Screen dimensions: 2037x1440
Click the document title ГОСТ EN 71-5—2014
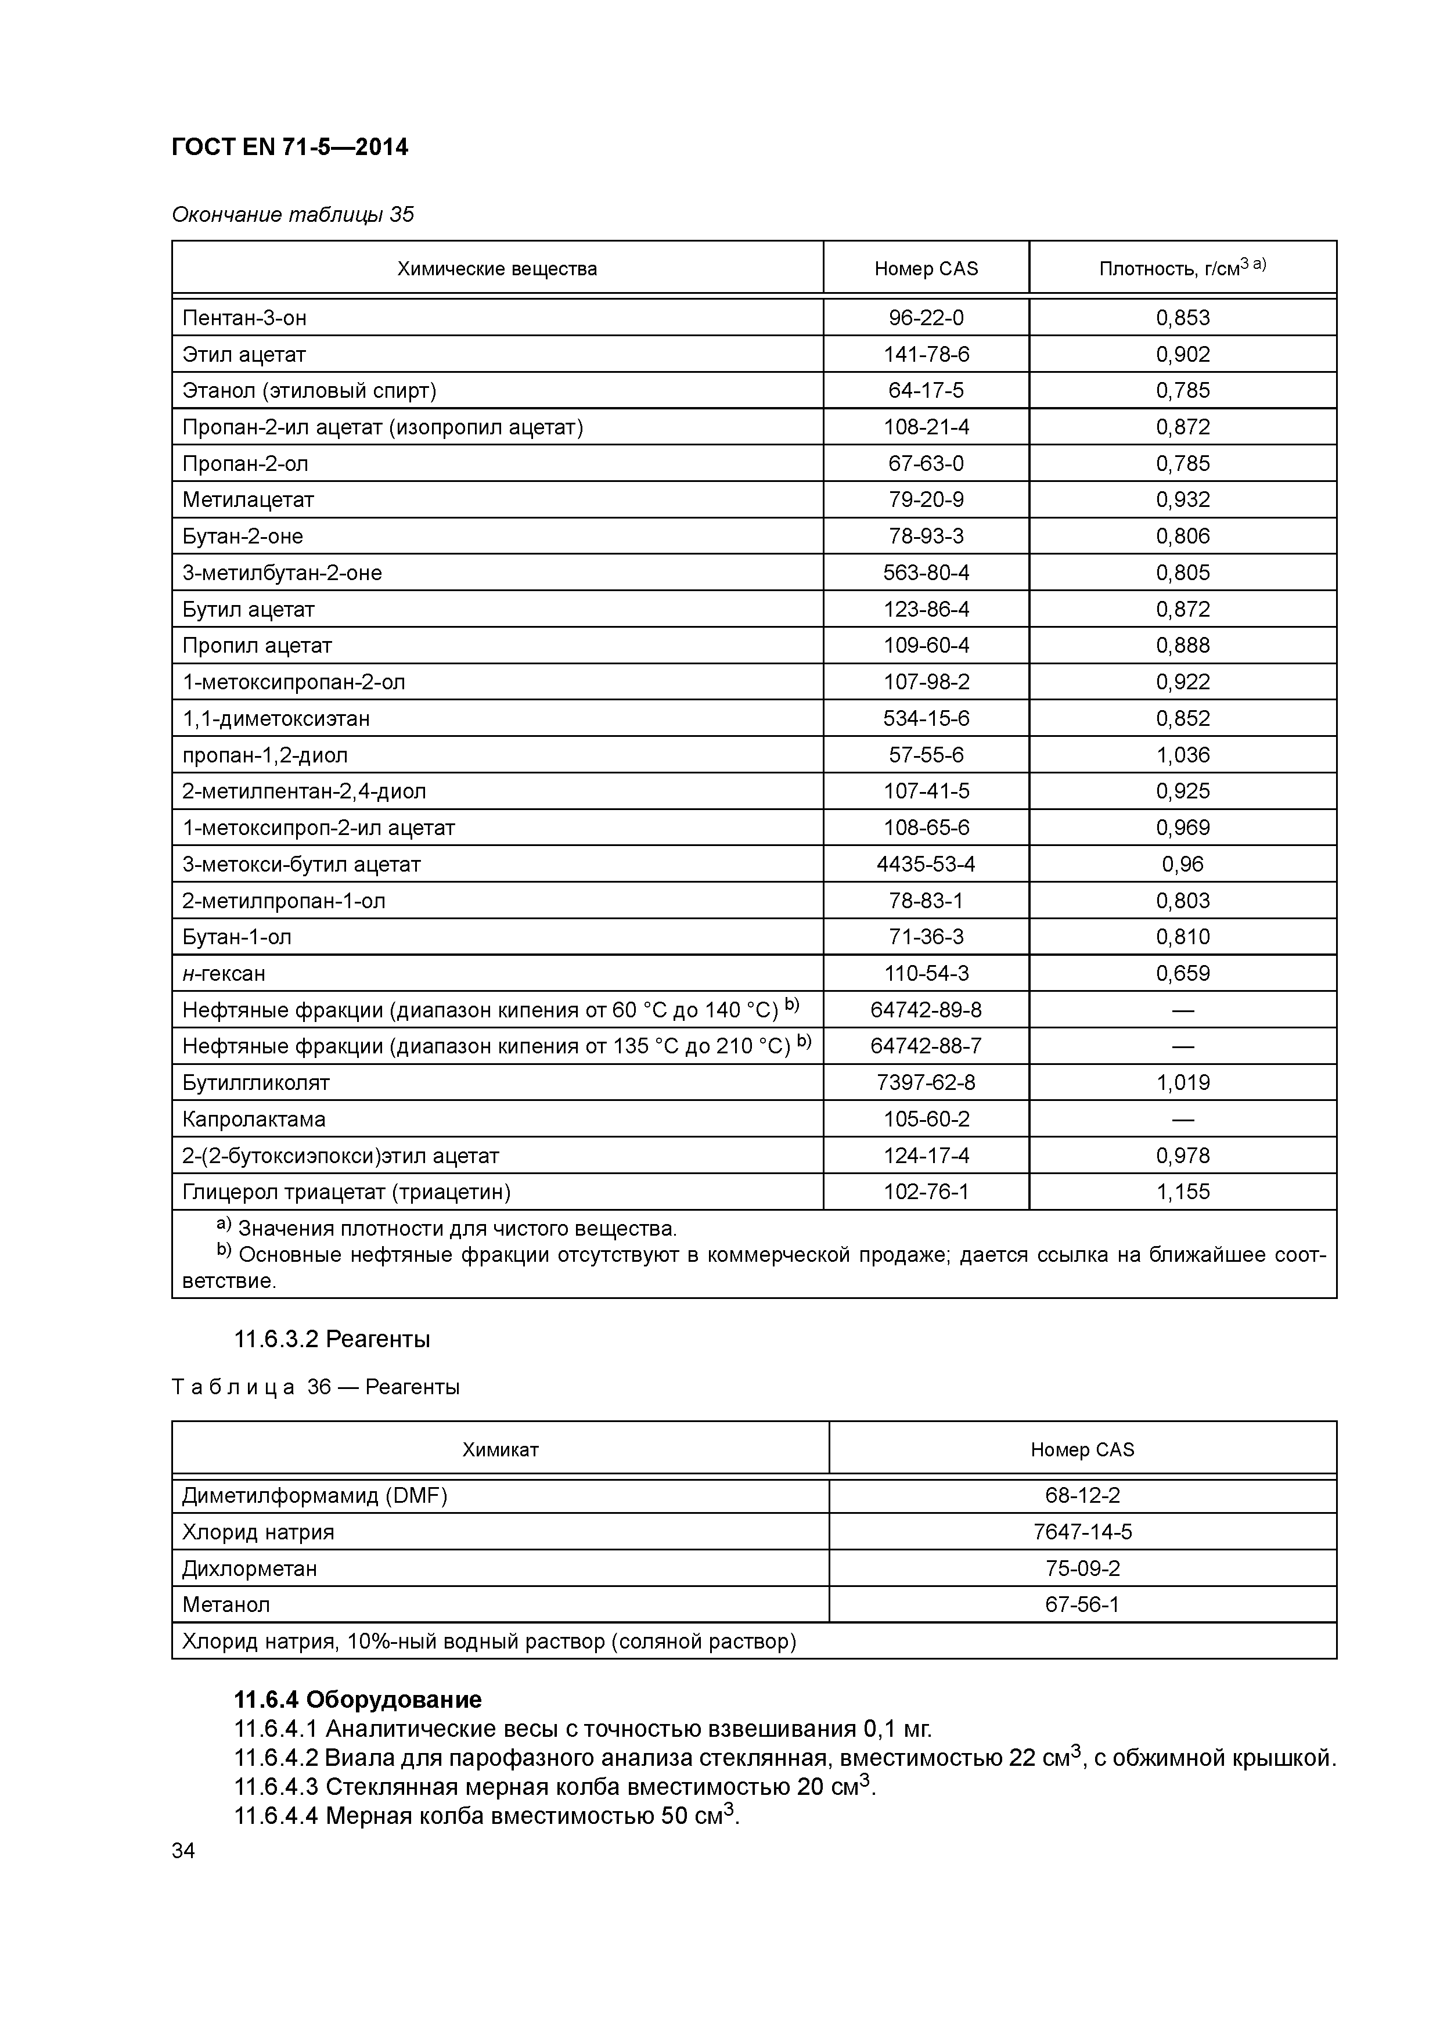pos(289,147)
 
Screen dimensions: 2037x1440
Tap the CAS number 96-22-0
pos(926,318)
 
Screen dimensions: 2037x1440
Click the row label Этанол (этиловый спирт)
pos(309,390)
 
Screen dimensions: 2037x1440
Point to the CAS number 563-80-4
pos(926,572)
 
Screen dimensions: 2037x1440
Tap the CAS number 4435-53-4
pos(926,864)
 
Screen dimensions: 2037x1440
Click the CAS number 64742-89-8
pos(926,1010)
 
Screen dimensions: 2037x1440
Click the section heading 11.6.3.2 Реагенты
pos(332,1339)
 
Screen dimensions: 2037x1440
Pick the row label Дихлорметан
pos(249,1568)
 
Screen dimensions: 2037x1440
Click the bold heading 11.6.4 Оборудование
pos(358,1699)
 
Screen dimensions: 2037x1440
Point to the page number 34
pos(183,1851)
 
